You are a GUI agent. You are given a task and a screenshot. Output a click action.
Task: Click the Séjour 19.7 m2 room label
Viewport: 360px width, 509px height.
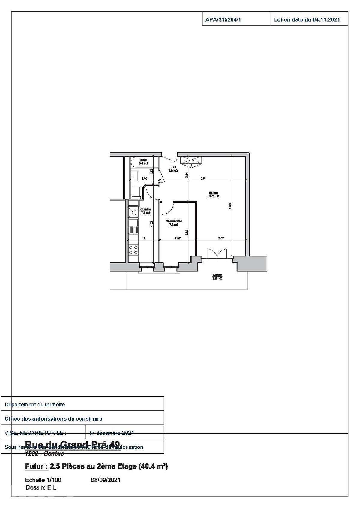(214, 195)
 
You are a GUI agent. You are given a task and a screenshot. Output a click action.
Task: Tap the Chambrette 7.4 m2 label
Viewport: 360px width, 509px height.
(174, 223)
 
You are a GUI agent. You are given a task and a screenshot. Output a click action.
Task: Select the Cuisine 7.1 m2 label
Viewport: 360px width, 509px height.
(145, 211)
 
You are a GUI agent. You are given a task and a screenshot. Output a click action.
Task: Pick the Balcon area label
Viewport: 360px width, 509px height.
(217, 277)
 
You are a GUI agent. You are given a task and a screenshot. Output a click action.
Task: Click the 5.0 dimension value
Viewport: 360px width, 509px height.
(202, 178)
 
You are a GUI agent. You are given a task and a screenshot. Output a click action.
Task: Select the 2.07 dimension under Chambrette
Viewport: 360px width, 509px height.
(177, 238)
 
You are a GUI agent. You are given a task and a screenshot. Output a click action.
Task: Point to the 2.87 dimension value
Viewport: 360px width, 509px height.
(221, 238)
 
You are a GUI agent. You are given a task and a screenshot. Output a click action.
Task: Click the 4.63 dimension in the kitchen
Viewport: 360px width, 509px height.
(152, 224)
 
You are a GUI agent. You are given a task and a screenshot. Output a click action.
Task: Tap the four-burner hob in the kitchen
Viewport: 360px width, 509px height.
(133, 250)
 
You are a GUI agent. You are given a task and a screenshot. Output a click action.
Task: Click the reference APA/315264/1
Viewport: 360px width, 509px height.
(223, 20)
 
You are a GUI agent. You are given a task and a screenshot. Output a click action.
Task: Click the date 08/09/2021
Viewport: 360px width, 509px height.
(106, 480)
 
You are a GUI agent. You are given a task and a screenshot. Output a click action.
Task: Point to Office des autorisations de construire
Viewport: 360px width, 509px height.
(53, 418)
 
